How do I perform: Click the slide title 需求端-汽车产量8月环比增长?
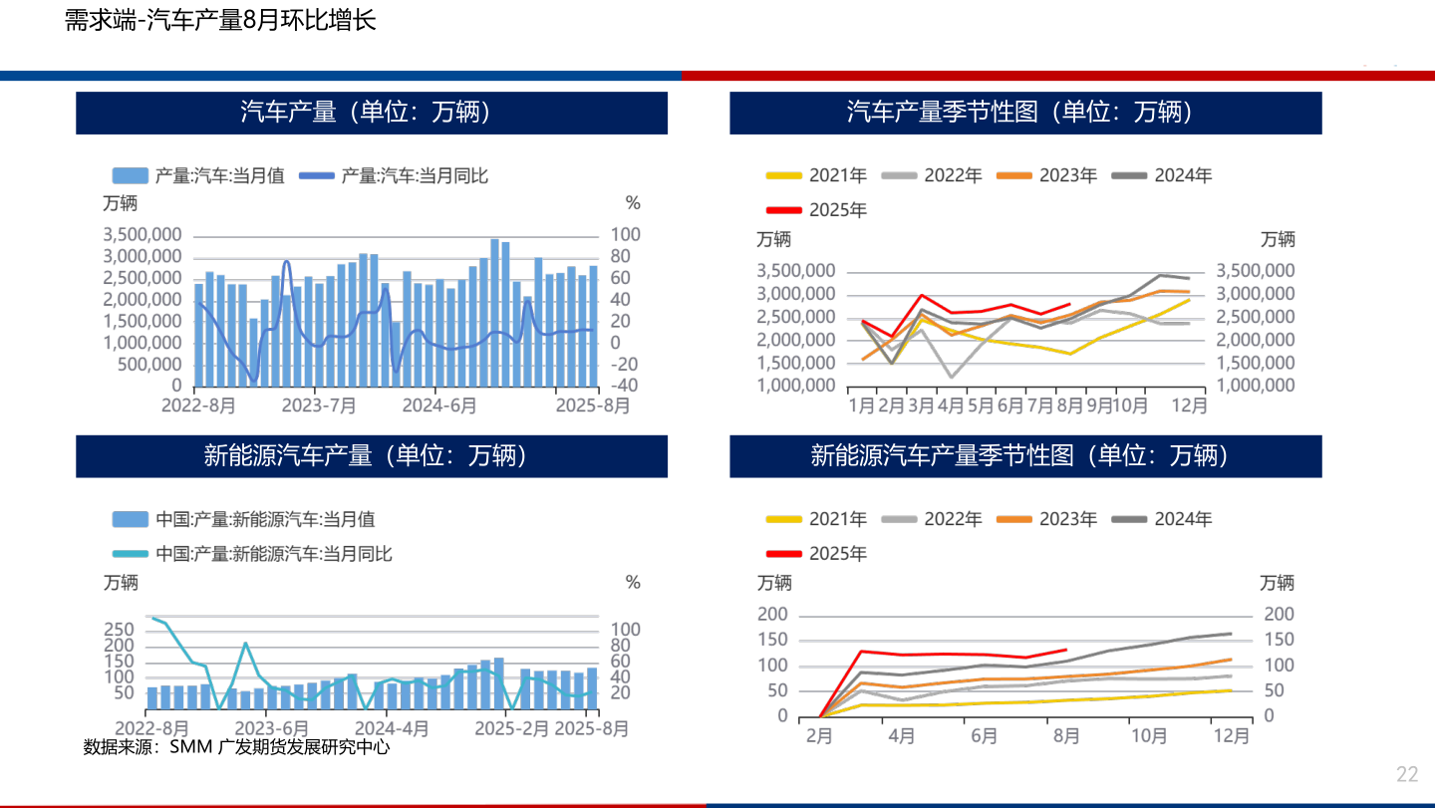point(220,21)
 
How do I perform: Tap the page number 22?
point(1407,774)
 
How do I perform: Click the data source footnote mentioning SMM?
point(236,746)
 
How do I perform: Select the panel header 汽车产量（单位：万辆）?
point(372,113)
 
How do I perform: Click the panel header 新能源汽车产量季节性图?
point(1025,456)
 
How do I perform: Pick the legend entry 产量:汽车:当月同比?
point(414,175)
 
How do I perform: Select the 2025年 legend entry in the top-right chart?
point(837,210)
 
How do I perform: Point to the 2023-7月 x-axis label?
point(319,406)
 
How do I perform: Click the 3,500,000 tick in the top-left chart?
point(142,235)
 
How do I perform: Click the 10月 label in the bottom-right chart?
point(1149,736)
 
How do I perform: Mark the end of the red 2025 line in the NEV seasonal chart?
point(1066,650)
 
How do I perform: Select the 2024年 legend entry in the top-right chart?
point(1183,175)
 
